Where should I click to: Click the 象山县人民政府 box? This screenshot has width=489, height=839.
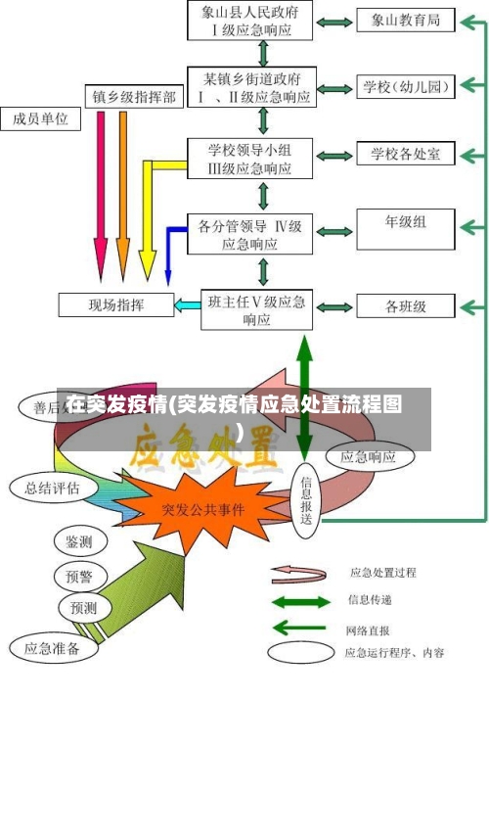[250, 20]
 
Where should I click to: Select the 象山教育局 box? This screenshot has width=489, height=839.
[405, 20]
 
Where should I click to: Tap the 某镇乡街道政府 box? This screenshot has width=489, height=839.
[250, 87]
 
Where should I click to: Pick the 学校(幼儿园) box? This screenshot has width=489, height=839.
[405, 87]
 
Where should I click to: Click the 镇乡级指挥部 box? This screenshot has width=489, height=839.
[134, 97]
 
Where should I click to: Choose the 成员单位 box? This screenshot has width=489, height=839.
[41, 119]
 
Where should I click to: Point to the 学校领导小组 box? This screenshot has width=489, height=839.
[250, 158]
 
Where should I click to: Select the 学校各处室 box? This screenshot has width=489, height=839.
[405, 155]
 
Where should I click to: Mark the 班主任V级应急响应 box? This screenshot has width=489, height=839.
[256, 309]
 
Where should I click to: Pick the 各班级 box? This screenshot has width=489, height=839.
[405, 306]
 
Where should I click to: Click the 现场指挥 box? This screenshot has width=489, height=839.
[115, 304]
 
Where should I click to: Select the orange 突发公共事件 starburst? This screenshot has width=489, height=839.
[203, 509]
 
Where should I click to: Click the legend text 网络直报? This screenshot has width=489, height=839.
[368, 629]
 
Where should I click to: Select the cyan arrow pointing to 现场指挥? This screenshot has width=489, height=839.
[187, 305]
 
